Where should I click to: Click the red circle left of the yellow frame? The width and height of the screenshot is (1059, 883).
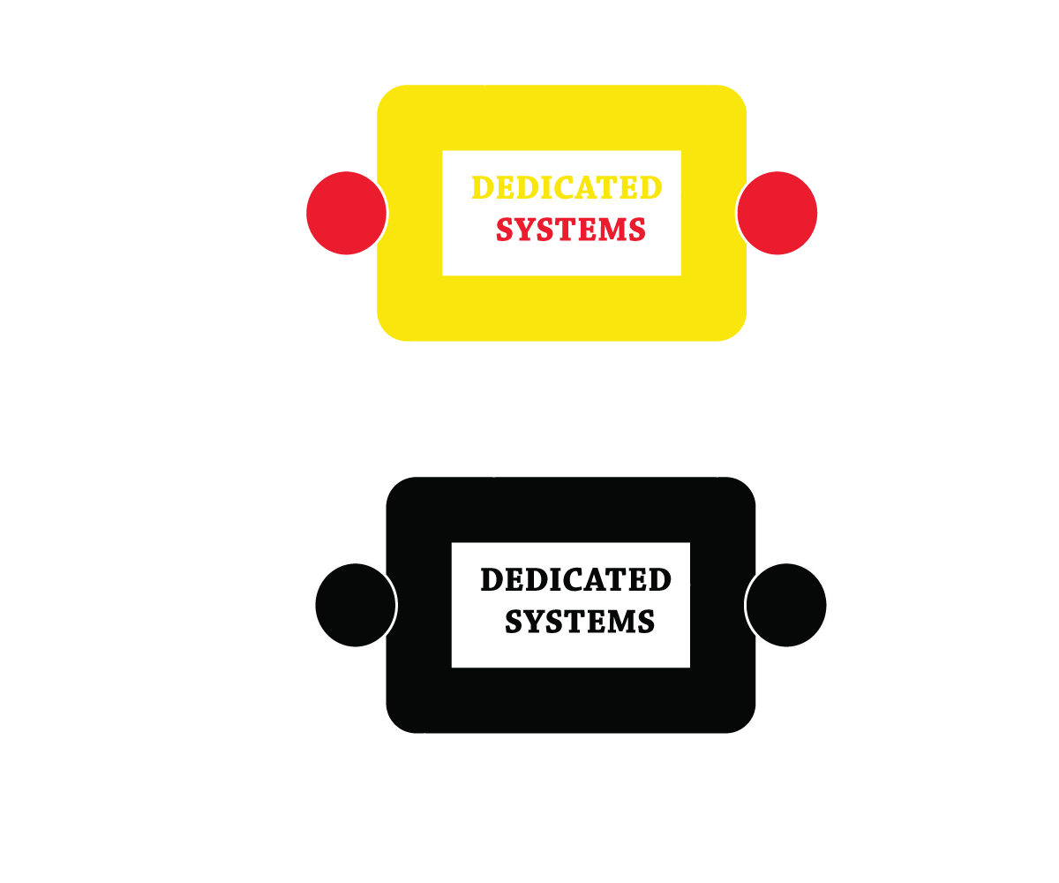347,213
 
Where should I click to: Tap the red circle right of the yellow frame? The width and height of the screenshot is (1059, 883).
777,213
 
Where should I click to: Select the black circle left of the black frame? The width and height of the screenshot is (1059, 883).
356,605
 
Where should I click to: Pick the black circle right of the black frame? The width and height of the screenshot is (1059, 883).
786,605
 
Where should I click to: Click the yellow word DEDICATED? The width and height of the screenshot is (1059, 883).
567,187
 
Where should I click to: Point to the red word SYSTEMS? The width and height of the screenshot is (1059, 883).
571,230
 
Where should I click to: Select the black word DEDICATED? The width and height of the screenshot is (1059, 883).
576,579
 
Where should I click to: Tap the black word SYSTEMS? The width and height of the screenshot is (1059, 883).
580,622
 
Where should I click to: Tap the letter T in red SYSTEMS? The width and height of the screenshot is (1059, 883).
571,230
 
